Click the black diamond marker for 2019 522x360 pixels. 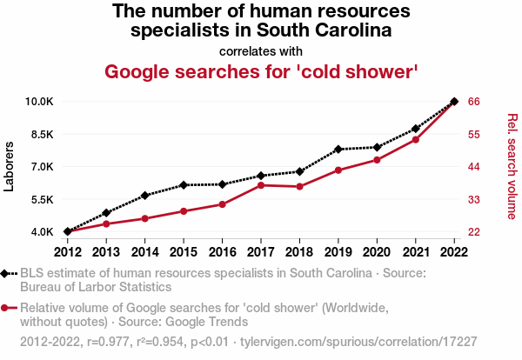[x=338, y=150]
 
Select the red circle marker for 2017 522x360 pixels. [x=261, y=185]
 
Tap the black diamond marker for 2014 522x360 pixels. [x=145, y=196]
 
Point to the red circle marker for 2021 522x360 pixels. [x=416, y=140]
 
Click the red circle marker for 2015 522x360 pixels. [x=184, y=211]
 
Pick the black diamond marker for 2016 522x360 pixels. [x=223, y=184]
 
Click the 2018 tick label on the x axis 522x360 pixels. [x=299, y=251]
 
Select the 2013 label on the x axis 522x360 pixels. [x=106, y=251]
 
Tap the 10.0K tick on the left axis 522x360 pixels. [x=39, y=102]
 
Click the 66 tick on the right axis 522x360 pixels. [x=474, y=102]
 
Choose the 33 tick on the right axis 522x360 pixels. [x=474, y=200]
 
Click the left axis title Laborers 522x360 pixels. [x=10, y=167]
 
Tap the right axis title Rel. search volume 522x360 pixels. [x=512, y=166]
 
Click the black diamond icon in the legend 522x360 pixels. [x=6, y=274]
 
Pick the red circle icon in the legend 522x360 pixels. [x=6, y=307]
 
